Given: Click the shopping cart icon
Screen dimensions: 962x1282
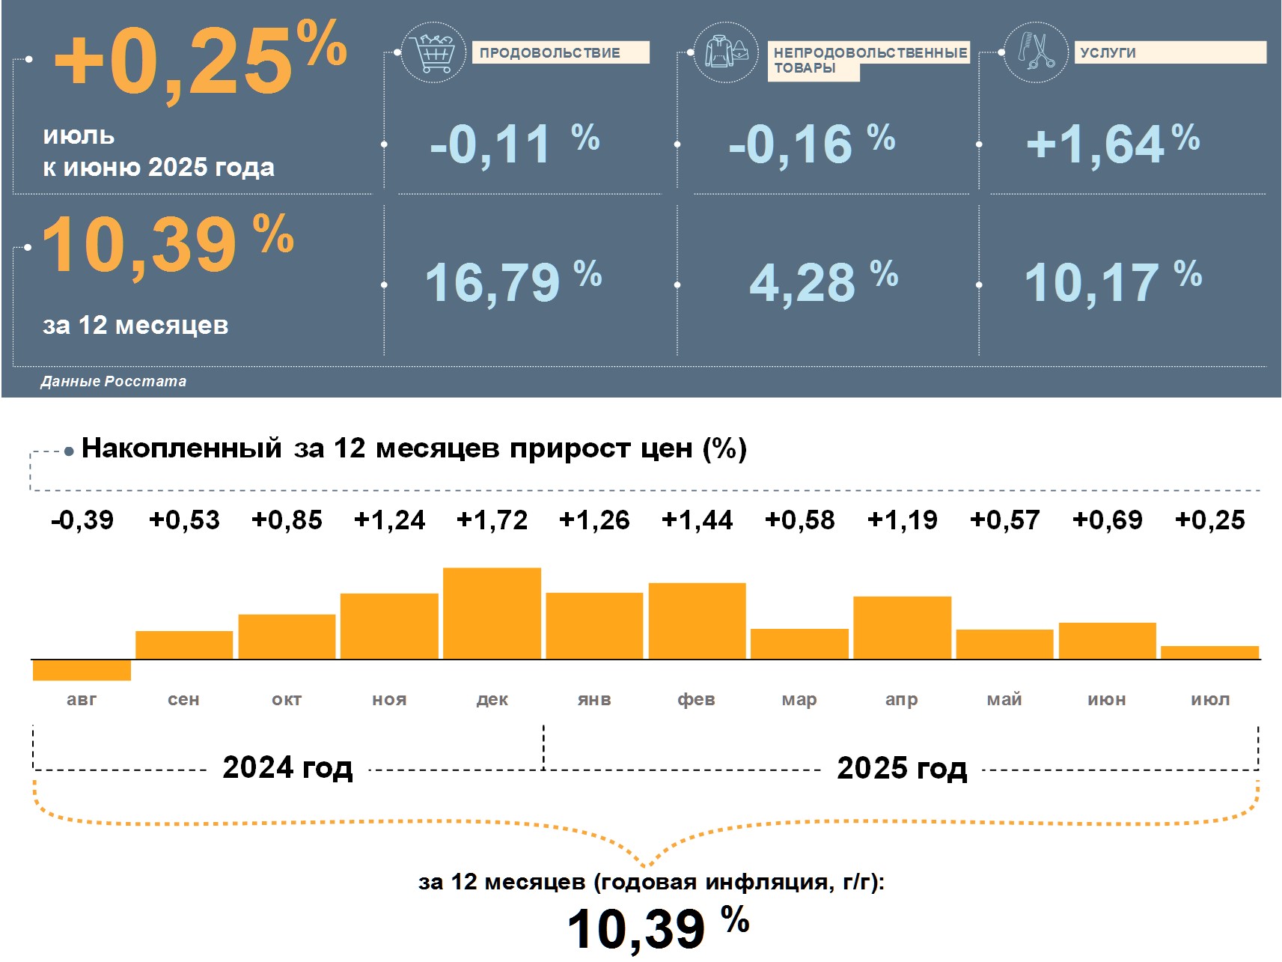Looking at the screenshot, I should click(x=433, y=52).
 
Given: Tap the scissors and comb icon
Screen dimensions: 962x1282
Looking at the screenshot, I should click(x=1035, y=52).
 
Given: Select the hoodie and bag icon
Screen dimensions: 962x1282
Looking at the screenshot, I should click(x=725, y=52).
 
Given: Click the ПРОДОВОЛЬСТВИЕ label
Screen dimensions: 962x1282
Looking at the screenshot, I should click(x=550, y=52).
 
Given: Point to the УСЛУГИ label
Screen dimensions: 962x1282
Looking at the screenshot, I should click(x=1108, y=52).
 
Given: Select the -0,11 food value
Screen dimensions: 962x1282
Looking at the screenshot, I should click(x=490, y=144).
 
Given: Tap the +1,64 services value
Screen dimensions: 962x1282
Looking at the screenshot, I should click(x=1094, y=144).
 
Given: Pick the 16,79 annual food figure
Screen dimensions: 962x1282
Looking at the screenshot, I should click(x=492, y=283).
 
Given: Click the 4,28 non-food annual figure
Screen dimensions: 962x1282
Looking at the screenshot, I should click(x=802, y=283).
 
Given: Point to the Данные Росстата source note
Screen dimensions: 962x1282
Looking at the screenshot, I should click(x=113, y=381).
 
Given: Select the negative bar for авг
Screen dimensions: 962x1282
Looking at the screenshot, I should click(x=82, y=670).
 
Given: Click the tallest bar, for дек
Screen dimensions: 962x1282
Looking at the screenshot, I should click(x=492, y=613).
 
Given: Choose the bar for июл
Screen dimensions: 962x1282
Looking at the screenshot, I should click(x=1209, y=652).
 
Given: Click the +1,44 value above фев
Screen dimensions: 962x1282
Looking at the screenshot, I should click(x=697, y=520).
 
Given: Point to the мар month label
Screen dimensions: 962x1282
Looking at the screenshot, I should click(x=799, y=699).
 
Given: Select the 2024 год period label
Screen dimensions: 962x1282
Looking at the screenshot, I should click(x=287, y=767).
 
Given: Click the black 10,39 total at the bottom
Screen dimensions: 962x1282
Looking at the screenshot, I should click(x=636, y=929).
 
